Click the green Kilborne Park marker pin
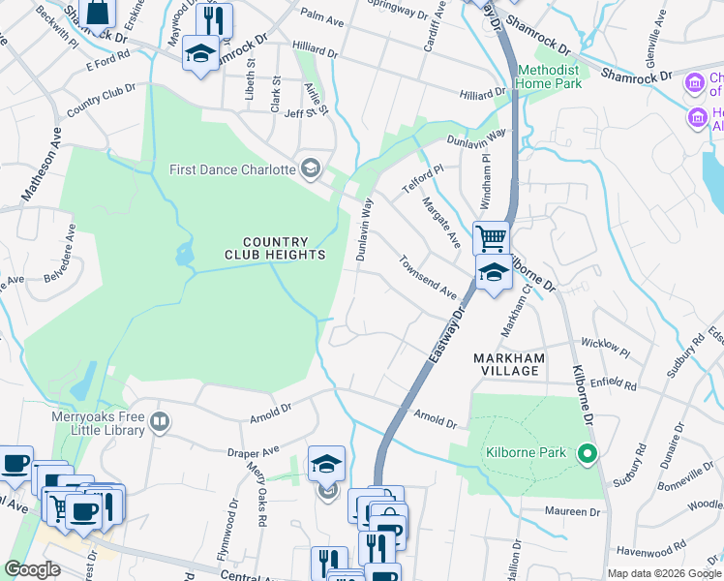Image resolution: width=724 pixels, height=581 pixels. coord(586,452)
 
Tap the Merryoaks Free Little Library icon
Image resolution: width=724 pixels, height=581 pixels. coord(161,421)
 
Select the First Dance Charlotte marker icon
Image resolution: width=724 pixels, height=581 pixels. coord(311,169)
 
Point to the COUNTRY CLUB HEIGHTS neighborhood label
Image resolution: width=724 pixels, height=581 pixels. coord(275,249)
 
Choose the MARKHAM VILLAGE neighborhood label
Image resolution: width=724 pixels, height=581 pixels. coord(507,364)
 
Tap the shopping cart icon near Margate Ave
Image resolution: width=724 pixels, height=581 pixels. coord(492,236)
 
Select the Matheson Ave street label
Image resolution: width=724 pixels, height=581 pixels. coord(36,168)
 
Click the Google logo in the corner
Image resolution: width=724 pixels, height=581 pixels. coord(32,569)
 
